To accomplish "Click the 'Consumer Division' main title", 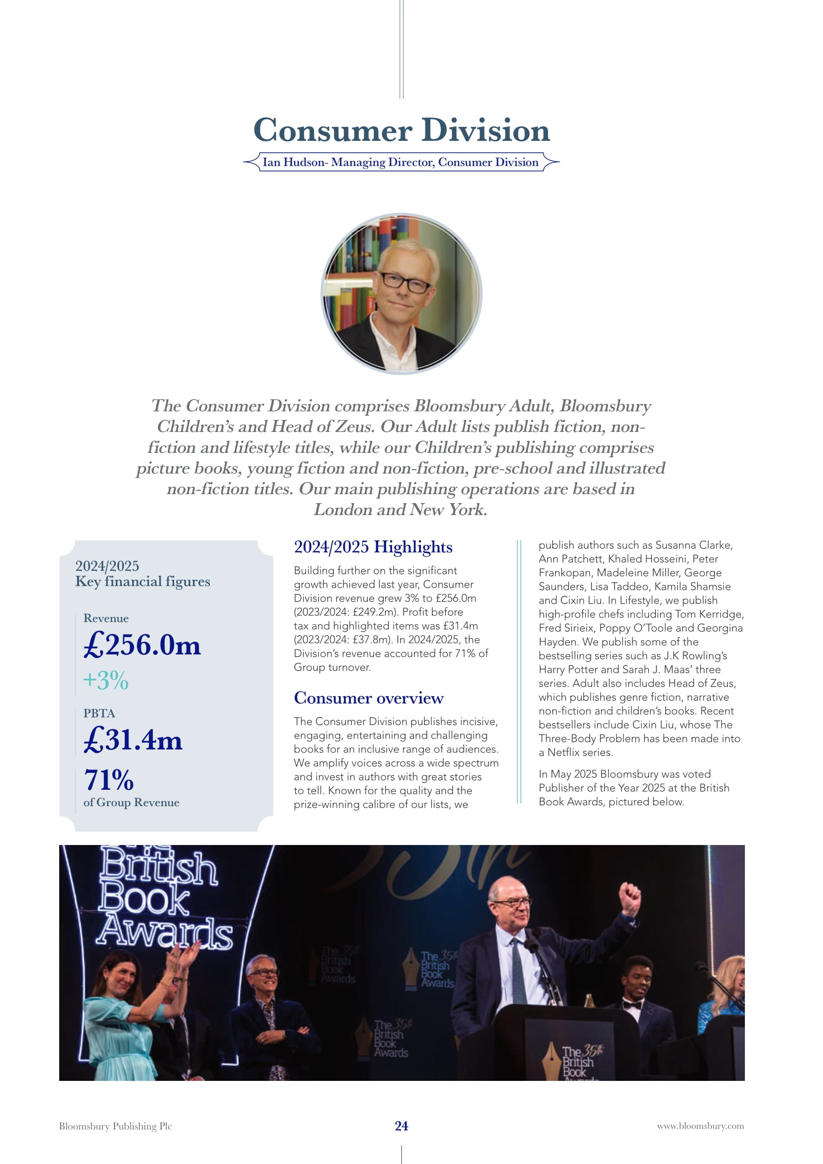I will (x=402, y=130).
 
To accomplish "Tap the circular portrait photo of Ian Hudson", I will (x=402, y=294).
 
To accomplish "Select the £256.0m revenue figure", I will (x=142, y=645).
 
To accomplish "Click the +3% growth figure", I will (x=106, y=680).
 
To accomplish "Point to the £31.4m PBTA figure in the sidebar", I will (x=133, y=740).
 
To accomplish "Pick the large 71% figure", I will (x=109, y=780).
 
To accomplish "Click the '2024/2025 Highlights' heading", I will (x=373, y=547).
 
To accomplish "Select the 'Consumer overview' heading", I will (x=368, y=698).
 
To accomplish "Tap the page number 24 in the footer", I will (x=402, y=1126).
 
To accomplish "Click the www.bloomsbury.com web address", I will (x=701, y=1126).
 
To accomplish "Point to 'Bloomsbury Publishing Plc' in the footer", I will (x=115, y=1126).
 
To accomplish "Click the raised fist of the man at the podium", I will (x=630, y=898).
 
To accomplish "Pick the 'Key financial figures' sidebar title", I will (x=142, y=581).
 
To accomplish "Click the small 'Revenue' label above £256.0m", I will (x=106, y=619).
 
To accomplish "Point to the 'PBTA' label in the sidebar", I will (x=100, y=713).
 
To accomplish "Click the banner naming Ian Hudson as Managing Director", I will (x=401, y=162).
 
